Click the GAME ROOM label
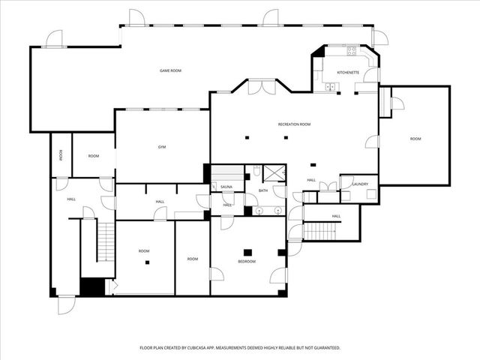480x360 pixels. pyautogui.click(x=170, y=70)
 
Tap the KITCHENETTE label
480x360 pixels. pyautogui.click(x=348, y=72)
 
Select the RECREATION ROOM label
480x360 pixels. pyautogui.click(x=294, y=124)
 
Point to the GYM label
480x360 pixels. pyautogui.click(x=161, y=147)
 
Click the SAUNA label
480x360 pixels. pyautogui.click(x=226, y=187)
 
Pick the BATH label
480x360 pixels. pyautogui.click(x=263, y=190)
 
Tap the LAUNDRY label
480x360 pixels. pyautogui.click(x=359, y=184)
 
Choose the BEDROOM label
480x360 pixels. pyautogui.click(x=247, y=261)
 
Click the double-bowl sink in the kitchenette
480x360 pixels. pyautogui.click(x=329, y=87)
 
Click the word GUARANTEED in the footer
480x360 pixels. pyautogui.click(x=324, y=348)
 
